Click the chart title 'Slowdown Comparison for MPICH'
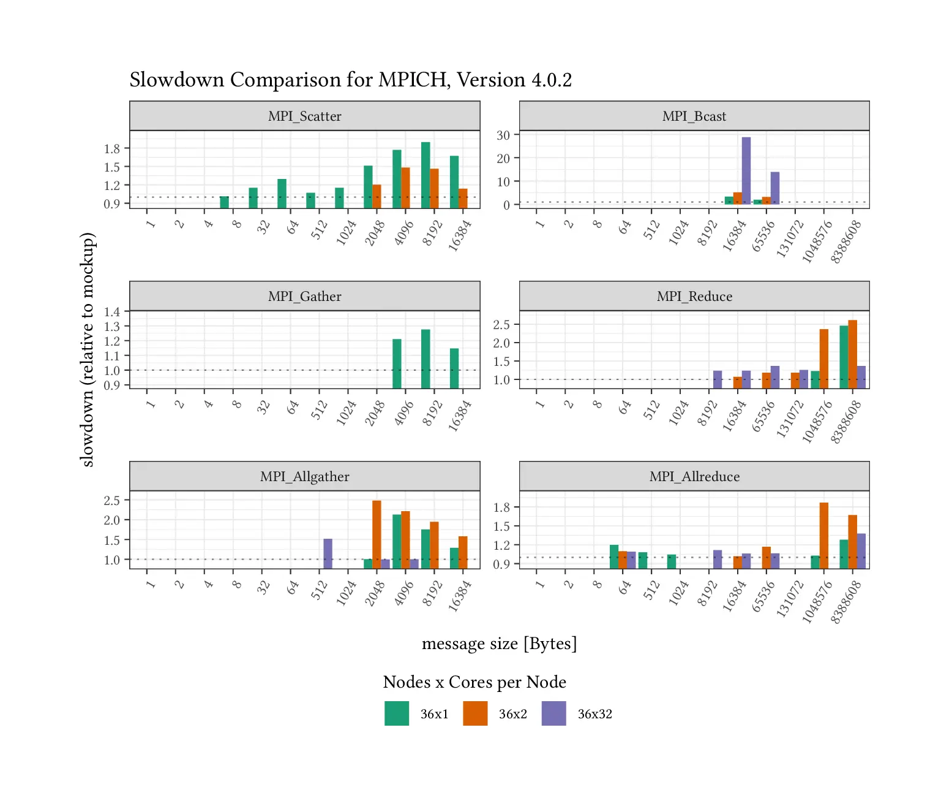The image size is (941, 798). point(350,80)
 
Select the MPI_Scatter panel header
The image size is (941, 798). point(304,116)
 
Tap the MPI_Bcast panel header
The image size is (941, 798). point(694,116)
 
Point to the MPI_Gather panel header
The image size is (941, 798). point(304,296)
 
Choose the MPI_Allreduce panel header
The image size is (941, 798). point(694,476)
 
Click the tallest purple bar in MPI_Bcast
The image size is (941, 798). point(746,170)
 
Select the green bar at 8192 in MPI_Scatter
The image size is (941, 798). point(426,175)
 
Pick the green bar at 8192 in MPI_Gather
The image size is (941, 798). point(426,359)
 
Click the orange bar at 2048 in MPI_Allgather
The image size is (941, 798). point(377,534)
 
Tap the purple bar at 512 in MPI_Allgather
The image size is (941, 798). point(328,553)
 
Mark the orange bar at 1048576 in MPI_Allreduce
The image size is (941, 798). point(823,535)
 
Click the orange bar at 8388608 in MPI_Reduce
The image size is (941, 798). point(852,354)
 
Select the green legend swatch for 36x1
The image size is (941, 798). point(396,713)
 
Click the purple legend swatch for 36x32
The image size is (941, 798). point(553,713)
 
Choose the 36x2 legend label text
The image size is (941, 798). point(512,714)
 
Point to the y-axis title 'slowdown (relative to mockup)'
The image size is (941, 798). point(88,349)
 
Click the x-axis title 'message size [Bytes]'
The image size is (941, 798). point(499,644)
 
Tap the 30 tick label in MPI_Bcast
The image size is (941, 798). point(503,135)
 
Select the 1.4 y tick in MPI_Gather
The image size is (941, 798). point(112,312)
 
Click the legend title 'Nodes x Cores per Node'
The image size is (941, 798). point(474,682)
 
